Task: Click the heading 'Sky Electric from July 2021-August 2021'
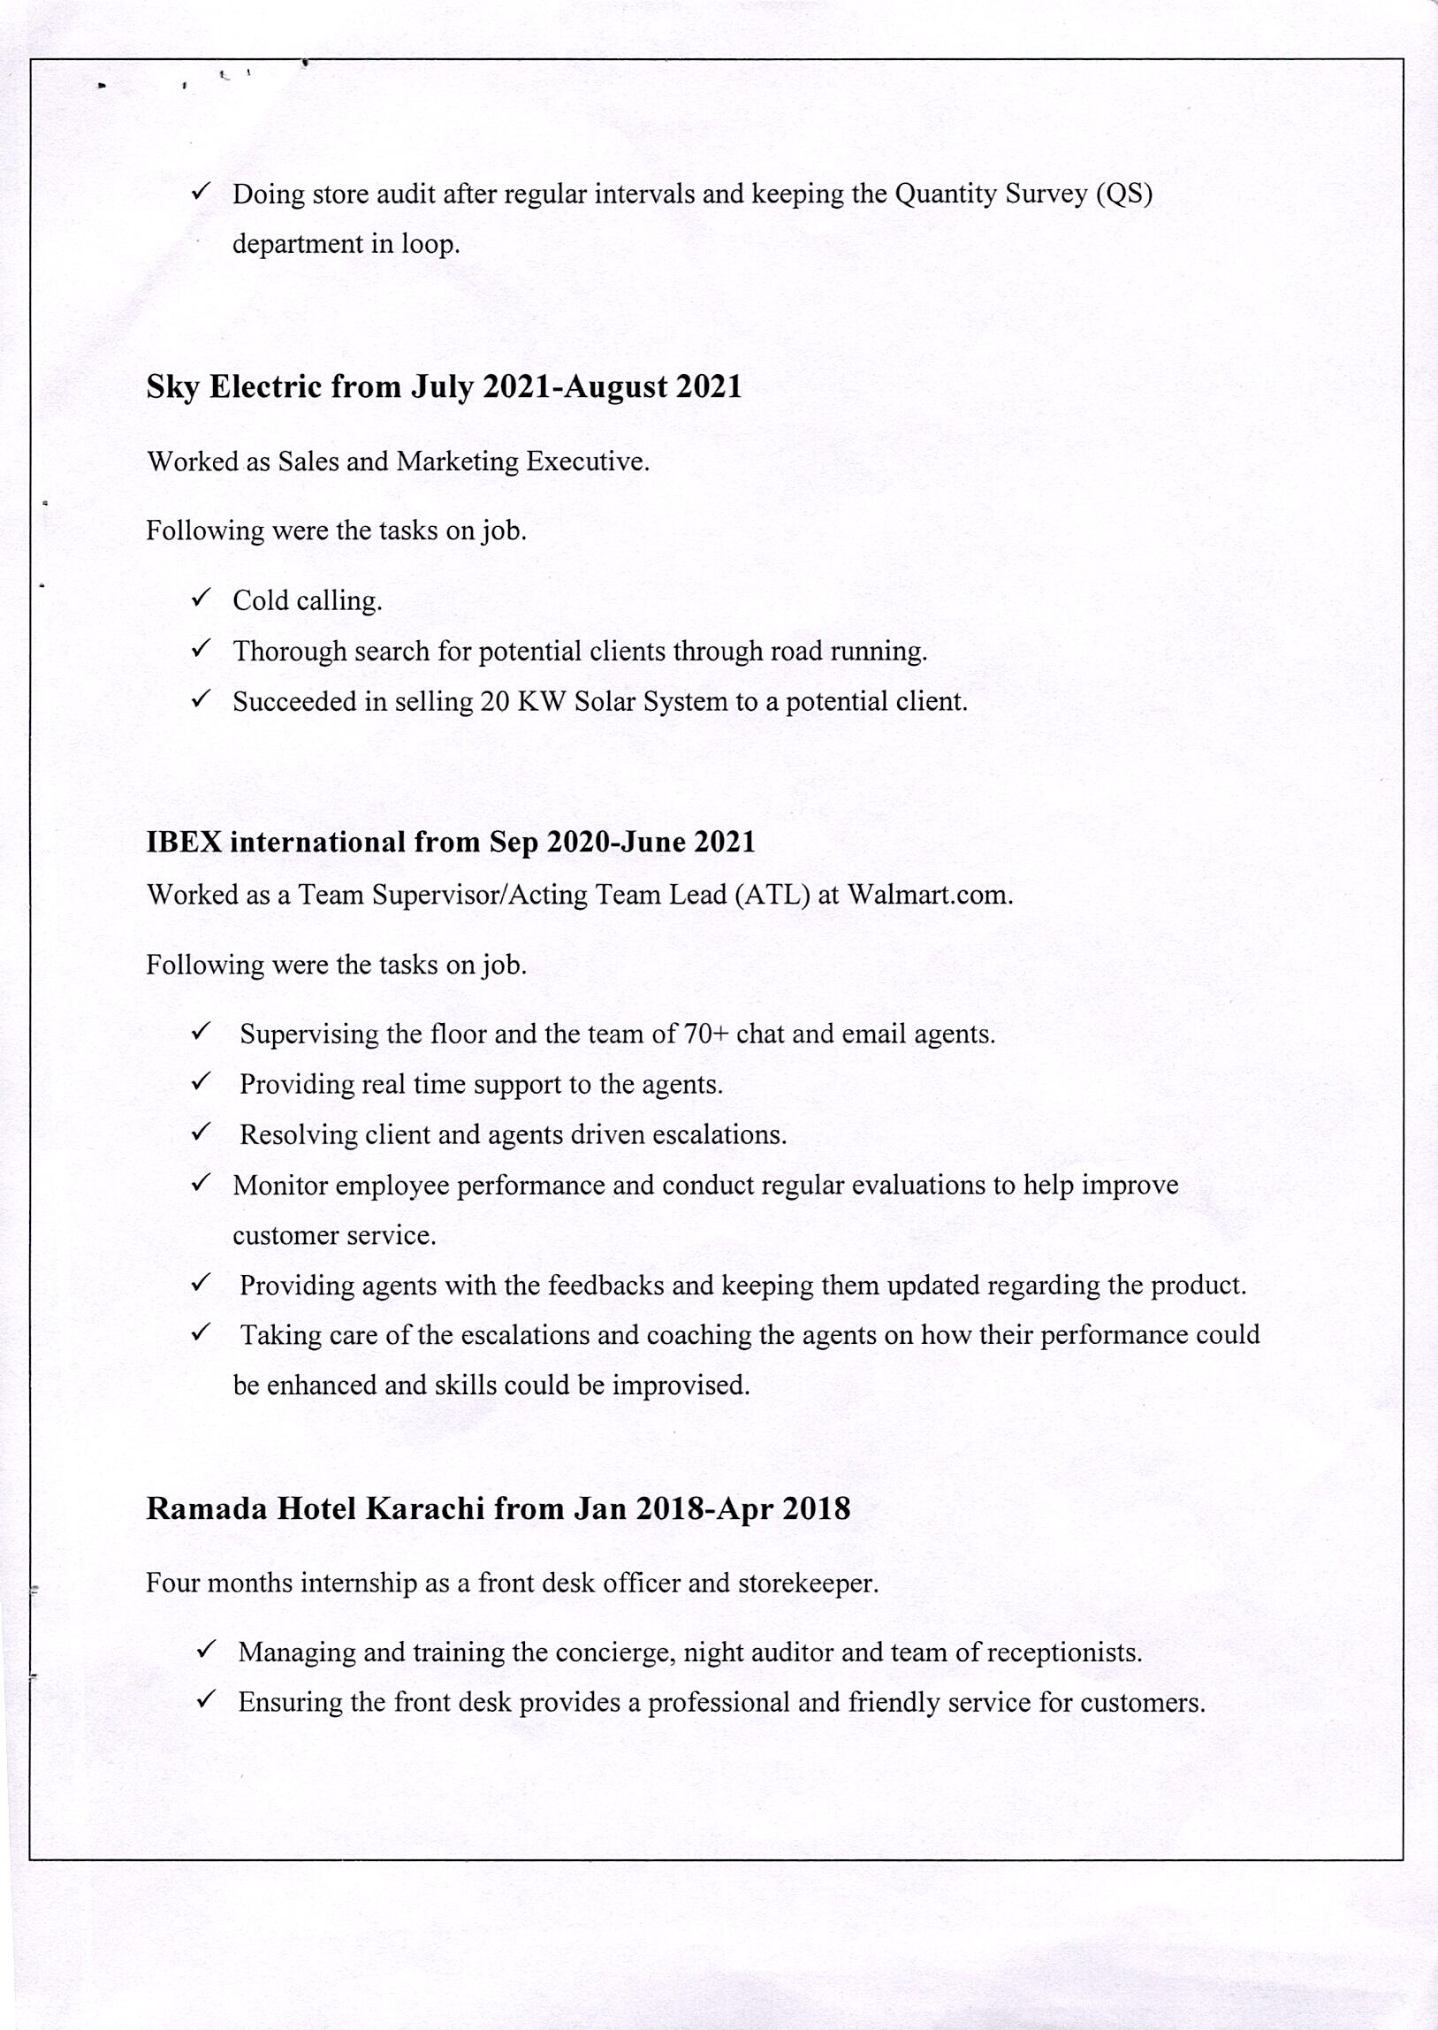444,387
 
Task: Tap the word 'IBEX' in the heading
184,842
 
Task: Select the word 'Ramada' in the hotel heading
206,1508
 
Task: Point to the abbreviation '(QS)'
1123,194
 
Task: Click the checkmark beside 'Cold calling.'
201,598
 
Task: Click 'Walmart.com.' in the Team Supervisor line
930,895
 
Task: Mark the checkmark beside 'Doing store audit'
201,190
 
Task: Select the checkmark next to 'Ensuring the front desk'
205,1698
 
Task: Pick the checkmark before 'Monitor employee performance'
201,1182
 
